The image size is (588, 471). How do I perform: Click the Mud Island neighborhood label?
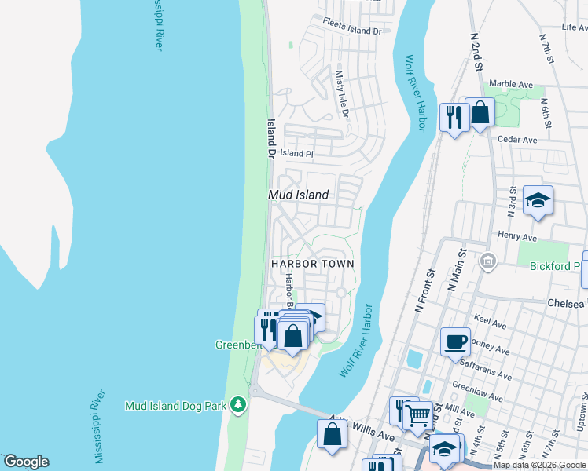(298, 194)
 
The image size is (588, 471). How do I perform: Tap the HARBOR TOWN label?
(313, 264)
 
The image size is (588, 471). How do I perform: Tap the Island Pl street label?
(297, 154)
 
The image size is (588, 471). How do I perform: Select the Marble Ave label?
(511, 84)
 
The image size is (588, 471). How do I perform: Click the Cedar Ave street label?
(517, 140)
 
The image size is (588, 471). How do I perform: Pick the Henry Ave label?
(517, 237)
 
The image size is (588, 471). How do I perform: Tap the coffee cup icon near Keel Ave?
(456, 341)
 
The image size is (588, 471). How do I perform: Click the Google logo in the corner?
(26, 462)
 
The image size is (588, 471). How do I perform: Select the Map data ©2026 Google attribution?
(540, 465)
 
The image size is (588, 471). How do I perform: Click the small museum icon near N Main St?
(487, 261)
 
